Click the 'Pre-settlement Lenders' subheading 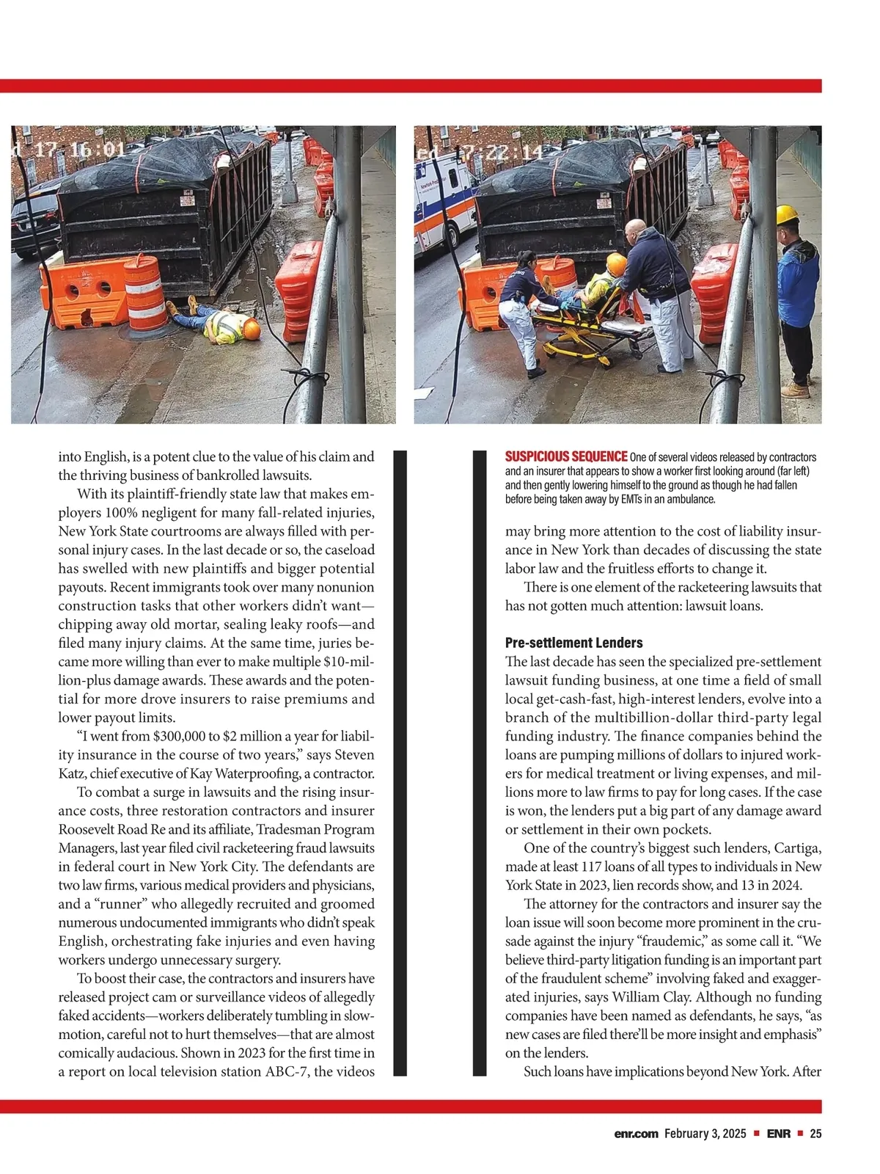(573, 643)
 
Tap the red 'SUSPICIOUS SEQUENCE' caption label (565, 457)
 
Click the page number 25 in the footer (815, 1134)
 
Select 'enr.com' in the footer (636, 1134)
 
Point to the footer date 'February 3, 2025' (705, 1134)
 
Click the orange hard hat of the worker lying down (252, 329)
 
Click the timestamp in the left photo (68, 150)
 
